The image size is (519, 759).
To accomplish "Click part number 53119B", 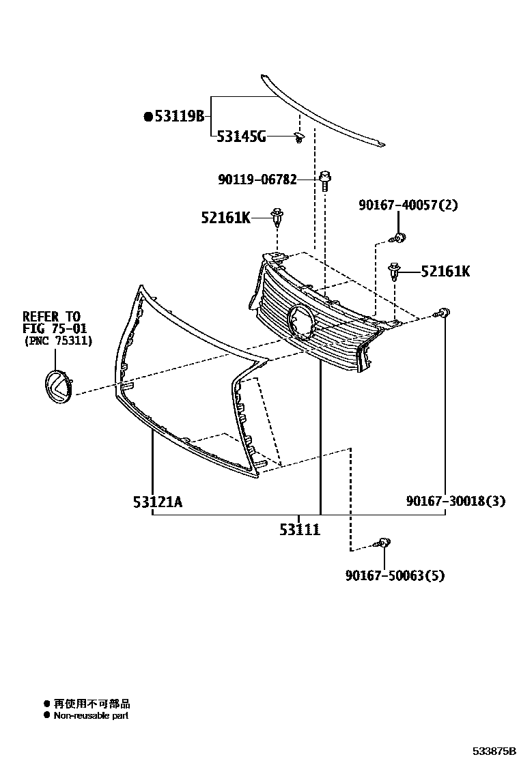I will (x=179, y=117).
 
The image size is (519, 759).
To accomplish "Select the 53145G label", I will (x=241, y=137).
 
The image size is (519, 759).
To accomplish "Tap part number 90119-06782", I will (x=257, y=180).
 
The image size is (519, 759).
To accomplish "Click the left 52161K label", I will (x=225, y=218).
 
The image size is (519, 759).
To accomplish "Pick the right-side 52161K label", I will (x=445, y=272).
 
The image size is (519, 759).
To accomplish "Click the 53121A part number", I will (x=158, y=502).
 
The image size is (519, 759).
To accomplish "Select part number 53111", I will (x=299, y=530).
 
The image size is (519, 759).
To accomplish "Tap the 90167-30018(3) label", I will (x=455, y=501).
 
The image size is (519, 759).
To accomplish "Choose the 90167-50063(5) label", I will (x=394, y=575).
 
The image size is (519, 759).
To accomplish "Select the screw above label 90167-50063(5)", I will (x=383, y=543).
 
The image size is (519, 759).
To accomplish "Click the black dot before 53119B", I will (x=148, y=117).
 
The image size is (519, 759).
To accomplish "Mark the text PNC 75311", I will (x=58, y=340).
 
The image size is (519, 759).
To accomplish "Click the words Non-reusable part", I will (x=91, y=715).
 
